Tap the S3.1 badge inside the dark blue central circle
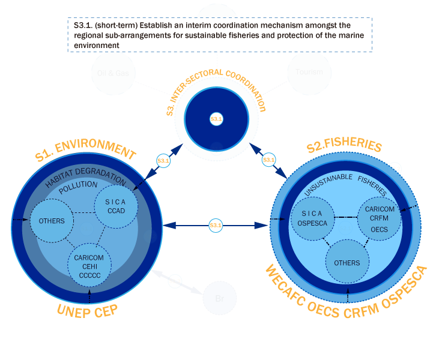[216, 119]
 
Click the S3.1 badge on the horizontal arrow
[216, 225]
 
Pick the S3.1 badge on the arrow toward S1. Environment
[163, 161]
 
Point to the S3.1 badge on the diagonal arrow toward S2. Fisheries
[268, 160]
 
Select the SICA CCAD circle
[116, 206]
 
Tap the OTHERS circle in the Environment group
[52, 221]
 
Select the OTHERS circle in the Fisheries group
[347, 263]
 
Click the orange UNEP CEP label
[87, 310]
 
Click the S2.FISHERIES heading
[344, 146]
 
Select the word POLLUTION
[78, 185]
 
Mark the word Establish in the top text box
[157, 25]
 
